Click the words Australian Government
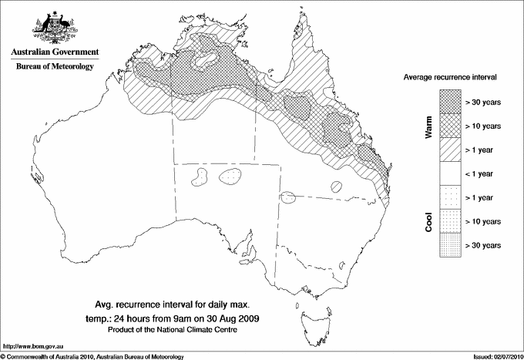click(x=54, y=52)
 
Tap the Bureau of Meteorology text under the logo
click(x=54, y=67)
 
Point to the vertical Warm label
click(x=428, y=126)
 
